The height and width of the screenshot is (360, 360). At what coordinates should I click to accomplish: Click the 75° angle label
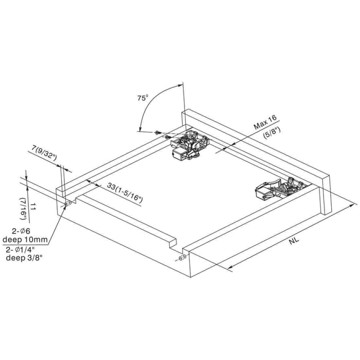(x=143, y=98)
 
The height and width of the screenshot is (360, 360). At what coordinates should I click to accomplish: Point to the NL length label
(x=294, y=241)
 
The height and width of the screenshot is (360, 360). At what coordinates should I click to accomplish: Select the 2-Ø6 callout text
(x=21, y=231)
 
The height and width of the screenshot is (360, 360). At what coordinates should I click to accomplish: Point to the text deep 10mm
(x=25, y=240)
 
